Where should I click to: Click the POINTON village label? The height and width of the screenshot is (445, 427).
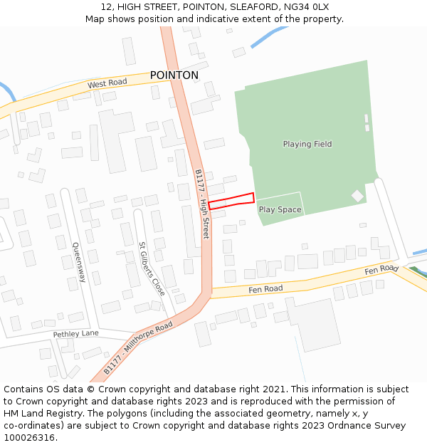[x=174, y=75]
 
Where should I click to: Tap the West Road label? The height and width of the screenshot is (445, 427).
[x=107, y=83]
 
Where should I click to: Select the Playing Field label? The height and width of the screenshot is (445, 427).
[x=307, y=144]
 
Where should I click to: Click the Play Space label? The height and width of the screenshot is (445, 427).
[x=280, y=209]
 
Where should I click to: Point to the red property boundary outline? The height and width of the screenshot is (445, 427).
[x=231, y=201]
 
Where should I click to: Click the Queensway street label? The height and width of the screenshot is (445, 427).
[x=78, y=262]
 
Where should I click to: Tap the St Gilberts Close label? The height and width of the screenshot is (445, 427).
[x=152, y=269]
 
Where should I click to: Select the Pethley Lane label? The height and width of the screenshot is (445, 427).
[x=75, y=334]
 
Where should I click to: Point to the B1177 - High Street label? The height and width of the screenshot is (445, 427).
[x=202, y=204]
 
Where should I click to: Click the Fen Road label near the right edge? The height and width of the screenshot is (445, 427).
[x=381, y=269]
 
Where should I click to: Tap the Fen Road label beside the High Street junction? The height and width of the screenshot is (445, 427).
[x=265, y=289]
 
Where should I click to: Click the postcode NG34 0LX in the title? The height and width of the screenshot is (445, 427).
[x=303, y=7]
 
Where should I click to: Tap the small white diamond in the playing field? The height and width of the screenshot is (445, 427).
[x=357, y=195]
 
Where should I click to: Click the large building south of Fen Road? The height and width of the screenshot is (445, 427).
[x=313, y=323]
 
